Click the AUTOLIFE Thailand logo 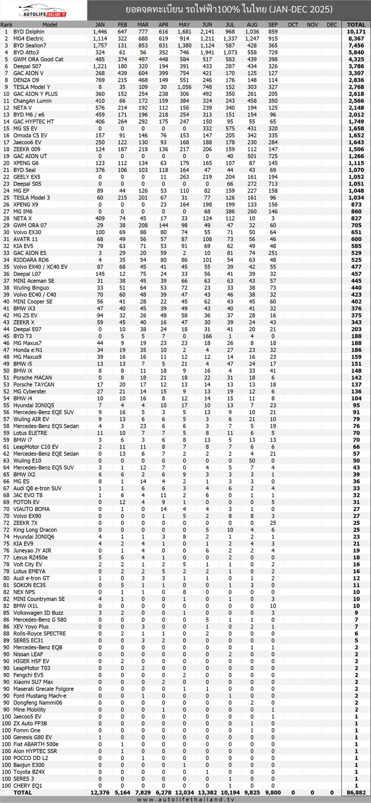43,10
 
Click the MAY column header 184,25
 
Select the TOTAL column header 356,25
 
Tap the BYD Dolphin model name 29,32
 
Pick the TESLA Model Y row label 31,87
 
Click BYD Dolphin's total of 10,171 356,32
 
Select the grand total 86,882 356,793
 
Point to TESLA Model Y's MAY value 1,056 184,87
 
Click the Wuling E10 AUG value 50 252,461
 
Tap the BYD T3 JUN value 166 207,336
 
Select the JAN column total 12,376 100,793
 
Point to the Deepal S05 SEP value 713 273,184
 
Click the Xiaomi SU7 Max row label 33,682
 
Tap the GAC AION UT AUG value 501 252,156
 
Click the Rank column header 6,25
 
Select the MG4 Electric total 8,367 356,39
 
